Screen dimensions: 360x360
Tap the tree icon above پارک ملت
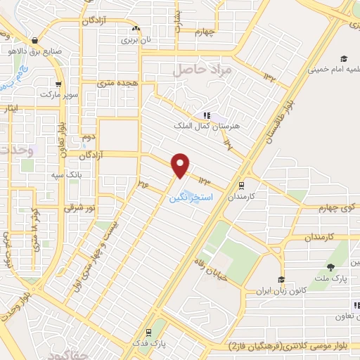point(331,266)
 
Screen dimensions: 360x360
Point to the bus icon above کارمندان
point(242,186)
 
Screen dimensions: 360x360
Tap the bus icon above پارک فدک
point(148,333)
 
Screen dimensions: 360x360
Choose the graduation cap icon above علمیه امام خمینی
point(344,59)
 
